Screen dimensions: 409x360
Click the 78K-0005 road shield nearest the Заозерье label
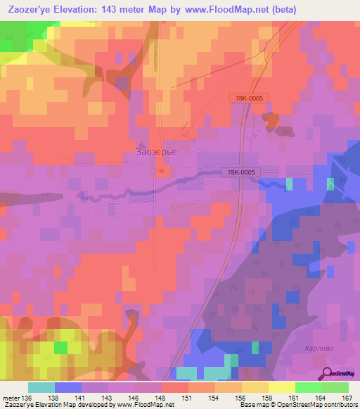[241, 171]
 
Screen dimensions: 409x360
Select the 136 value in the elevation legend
[27, 398]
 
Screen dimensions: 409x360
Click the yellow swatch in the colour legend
[281, 387]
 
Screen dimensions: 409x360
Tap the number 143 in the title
[117, 10]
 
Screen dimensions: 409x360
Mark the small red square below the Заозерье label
[162, 170]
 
